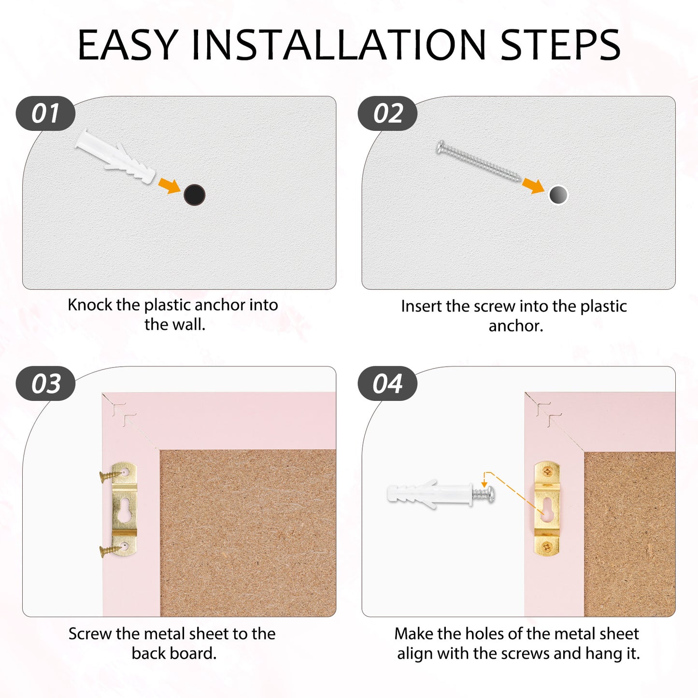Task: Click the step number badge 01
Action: pyautogui.click(x=45, y=114)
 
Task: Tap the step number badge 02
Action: pyautogui.click(x=387, y=114)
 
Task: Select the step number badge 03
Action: pyautogui.click(x=45, y=383)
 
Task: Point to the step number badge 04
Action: pyautogui.click(x=387, y=383)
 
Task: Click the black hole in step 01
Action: pyautogui.click(x=195, y=195)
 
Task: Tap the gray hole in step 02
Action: pyautogui.click(x=558, y=195)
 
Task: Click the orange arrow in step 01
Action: pyautogui.click(x=170, y=186)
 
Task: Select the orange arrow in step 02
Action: pyautogui.click(x=533, y=186)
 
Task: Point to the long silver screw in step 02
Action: pyautogui.click(x=479, y=161)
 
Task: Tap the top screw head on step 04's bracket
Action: pyautogui.click(x=547, y=471)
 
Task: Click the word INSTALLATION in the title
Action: pyautogui.click(x=338, y=45)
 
